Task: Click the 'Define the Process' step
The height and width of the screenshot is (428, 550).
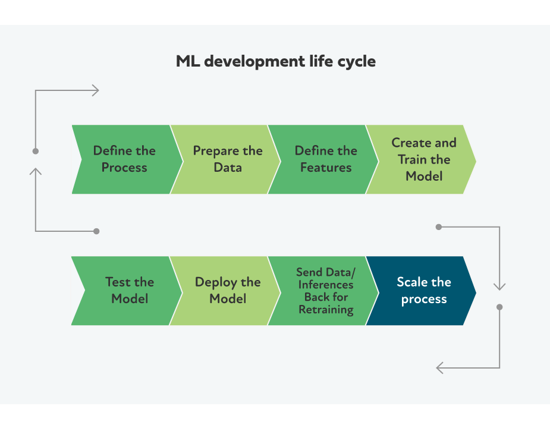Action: [x=124, y=159]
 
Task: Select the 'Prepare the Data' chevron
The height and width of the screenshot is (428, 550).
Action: [x=227, y=159]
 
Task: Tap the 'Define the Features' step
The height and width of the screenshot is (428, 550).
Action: [x=325, y=159]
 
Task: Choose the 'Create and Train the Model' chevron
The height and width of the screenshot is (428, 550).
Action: [x=423, y=159]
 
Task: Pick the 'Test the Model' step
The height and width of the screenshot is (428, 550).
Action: [x=129, y=291]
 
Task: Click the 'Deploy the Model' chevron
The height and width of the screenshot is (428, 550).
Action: [x=227, y=291]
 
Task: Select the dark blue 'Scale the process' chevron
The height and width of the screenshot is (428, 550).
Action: [x=423, y=291]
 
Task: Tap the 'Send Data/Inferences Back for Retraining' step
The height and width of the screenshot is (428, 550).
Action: [x=325, y=291]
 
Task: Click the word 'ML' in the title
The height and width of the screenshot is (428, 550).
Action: [x=187, y=61]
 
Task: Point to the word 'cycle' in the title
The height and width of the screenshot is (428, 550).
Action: [x=356, y=61]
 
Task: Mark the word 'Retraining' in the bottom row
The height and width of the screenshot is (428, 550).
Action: [x=326, y=310]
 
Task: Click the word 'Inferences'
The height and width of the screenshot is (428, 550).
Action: [x=326, y=285]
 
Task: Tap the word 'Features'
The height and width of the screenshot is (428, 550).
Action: [x=326, y=168]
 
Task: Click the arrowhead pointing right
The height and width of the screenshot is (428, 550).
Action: [x=95, y=90]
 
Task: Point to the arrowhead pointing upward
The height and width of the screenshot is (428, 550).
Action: [x=36, y=172]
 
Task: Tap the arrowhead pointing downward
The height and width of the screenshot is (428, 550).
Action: [x=499, y=287]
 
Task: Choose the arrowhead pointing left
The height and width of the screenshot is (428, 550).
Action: [x=440, y=368]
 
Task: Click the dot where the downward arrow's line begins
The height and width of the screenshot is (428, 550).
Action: [x=439, y=226]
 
